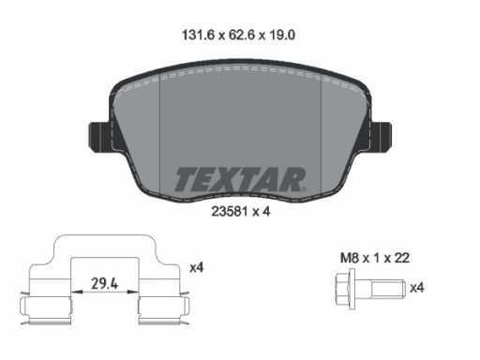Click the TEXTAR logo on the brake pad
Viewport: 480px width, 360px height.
tap(239, 178)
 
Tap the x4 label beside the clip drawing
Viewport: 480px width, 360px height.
tap(196, 268)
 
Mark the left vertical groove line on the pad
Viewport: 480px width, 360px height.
tap(161, 131)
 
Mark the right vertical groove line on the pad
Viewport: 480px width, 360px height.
tap(322, 131)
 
